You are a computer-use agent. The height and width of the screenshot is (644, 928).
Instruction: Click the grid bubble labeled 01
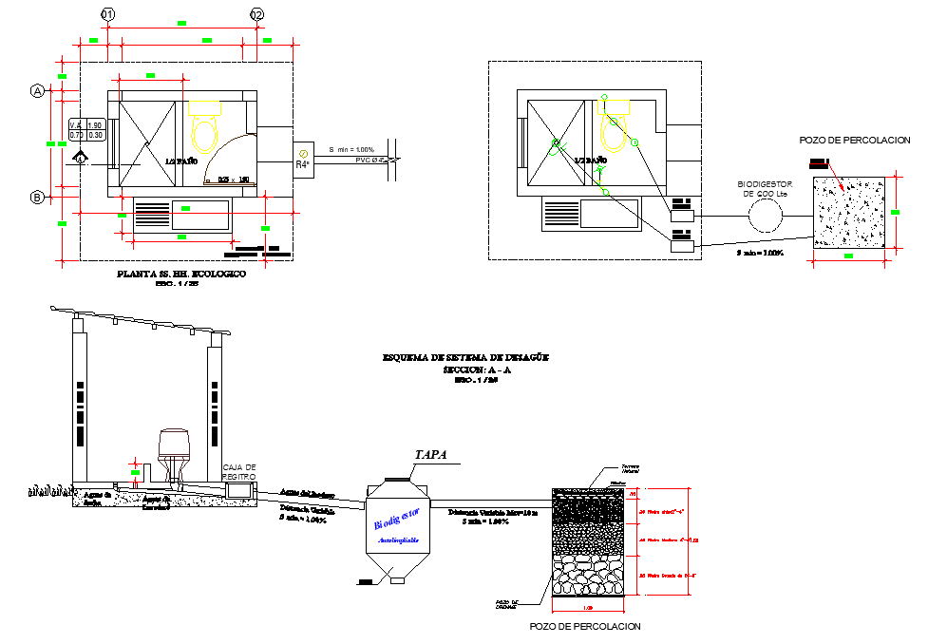pos(107,15)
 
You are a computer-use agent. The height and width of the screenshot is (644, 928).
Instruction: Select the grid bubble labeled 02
pos(256,15)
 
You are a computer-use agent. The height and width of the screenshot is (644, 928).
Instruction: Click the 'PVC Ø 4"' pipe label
pos(373,161)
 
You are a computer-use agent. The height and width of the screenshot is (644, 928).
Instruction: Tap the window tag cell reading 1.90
pos(94,125)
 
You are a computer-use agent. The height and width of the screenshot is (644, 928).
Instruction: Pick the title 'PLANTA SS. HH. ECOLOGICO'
pos(180,274)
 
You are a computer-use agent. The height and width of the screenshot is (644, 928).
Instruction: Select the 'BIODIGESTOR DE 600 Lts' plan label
pos(764,188)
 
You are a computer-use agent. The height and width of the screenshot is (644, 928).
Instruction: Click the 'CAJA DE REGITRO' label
pos(239,471)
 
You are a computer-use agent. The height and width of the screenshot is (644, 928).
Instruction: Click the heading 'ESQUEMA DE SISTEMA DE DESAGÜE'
pos(464,357)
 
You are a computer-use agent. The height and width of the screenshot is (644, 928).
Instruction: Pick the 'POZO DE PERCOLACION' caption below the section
pos(584,626)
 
